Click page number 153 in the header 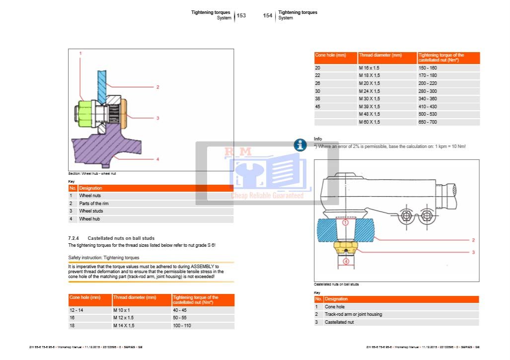click(x=241, y=15)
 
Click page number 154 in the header click(x=268, y=15)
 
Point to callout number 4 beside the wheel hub click(x=157, y=159)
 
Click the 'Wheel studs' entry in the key click(x=91, y=211)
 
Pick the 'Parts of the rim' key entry click(x=94, y=204)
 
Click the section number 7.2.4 click(x=76, y=238)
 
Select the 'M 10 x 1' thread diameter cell click(x=122, y=310)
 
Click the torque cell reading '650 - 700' click(x=428, y=122)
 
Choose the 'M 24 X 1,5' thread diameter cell click(x=369, y=91)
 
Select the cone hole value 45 click(x=318, y=106)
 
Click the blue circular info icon click(x=300, y=145)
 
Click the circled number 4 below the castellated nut click(x=346, y=261)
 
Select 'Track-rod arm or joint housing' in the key click(x=354, y=314)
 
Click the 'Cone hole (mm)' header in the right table click(x=330, y=55)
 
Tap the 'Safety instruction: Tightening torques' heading click(x=104, y=258)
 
